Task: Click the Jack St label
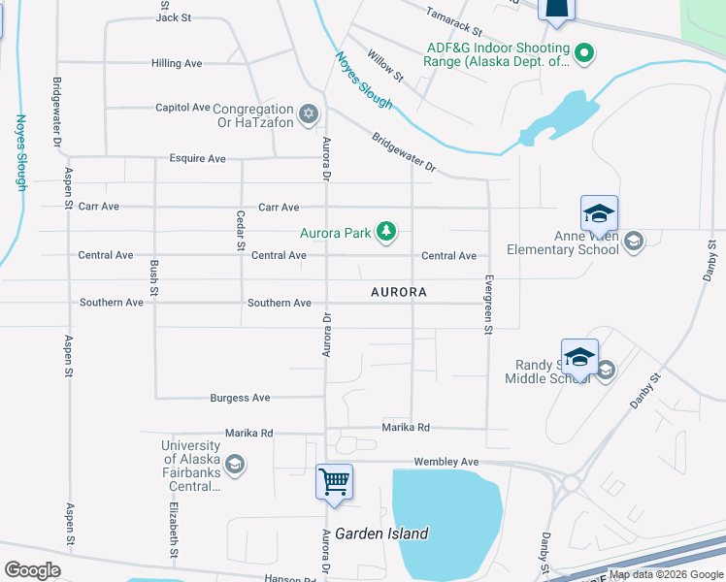click(174, 17)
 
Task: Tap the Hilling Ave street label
click(177, 63)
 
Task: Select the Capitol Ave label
click(182, 108)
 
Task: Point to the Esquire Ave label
click(197, 158)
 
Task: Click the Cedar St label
click(240, 230)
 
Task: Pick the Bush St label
click(153, 277)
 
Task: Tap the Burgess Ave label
click(240, 398)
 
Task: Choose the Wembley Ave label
click(446, 462)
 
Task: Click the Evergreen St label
click(488, 304)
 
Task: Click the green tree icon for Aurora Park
click(387, 231)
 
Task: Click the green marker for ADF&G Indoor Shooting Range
click(583, 54)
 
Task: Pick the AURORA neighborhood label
click(399, 292)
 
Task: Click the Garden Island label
click(381, 533)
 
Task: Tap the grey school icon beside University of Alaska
click(234, 466)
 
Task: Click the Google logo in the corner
click(32, 570)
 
